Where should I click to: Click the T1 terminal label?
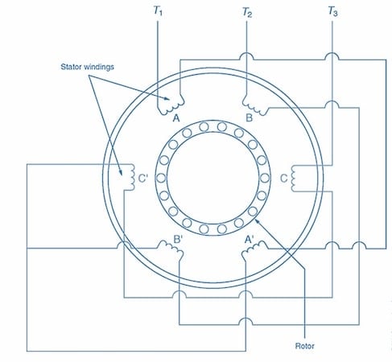click(158, 11)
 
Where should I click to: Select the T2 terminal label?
click(247, 12)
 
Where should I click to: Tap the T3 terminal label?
click(332, 11)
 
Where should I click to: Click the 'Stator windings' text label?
click(87, 67)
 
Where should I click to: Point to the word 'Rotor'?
click(304, 346)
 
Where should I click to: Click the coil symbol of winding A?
click(171, 106)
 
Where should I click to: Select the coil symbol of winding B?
click(255, 106)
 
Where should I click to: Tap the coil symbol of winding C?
click(293, 178)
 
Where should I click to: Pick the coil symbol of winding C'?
click(132, 178)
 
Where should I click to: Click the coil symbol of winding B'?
click(171, 247)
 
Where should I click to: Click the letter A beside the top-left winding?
click(176, 118)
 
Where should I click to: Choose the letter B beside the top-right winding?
click(250, 118)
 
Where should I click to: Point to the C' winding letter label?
click(143, 179)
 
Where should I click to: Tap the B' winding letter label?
click(178, 239)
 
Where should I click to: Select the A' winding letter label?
click(250, 239)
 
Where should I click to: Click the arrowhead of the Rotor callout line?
click(256, 221)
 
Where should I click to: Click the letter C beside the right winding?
click(283, 179)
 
